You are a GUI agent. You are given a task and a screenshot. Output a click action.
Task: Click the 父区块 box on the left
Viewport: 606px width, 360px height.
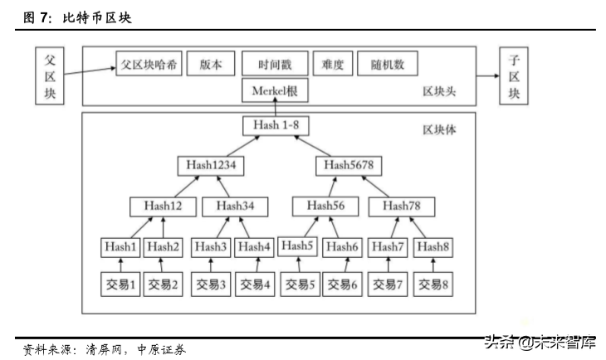click(x=48, y=75)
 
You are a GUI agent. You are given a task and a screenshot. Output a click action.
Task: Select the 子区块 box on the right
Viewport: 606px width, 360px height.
click(x=513, y=75)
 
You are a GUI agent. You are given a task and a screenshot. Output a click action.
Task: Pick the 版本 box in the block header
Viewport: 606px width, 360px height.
click(x=211, y=64)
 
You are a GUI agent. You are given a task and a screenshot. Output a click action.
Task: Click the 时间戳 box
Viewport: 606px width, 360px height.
click(x=274, y=64)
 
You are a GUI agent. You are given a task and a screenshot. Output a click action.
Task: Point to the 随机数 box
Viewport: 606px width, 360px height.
click(x=387, y=64)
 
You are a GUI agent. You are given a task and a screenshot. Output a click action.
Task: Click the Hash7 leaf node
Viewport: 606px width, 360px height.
click(x=388, y=246)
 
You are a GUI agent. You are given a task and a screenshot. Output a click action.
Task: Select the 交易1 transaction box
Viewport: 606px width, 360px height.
click(x=120, y=285)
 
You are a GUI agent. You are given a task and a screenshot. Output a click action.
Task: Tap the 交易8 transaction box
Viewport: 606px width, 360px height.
click(x=433, y=285)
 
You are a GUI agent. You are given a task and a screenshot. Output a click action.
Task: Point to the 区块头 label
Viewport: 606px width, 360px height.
click(x=438, y=91)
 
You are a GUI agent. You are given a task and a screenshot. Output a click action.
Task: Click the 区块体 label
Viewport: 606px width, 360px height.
click(x=438, y=130)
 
